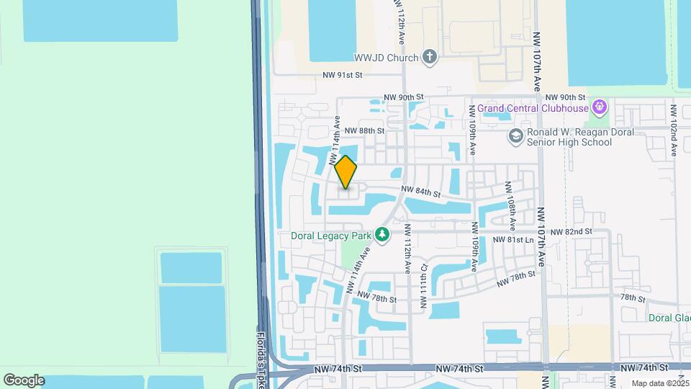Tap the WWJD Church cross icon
click(430, 58)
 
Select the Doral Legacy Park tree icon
click(382, 235)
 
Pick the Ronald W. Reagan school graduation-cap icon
click(515, 136)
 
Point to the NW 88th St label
click(364, 130)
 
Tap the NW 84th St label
click(420, 192)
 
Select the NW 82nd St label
click(571, 232)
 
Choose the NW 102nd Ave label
click(674, 130)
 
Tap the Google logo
click(24, 380)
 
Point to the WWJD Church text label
click(386, 58)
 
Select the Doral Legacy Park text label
click(330, 236)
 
